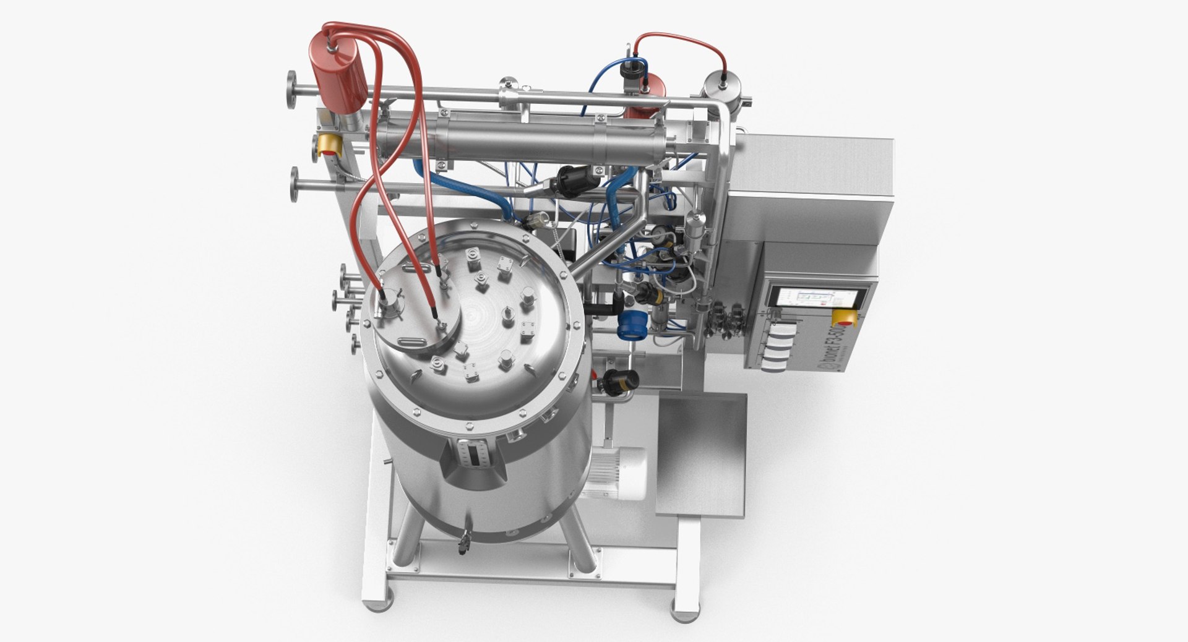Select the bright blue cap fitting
[631, 324]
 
